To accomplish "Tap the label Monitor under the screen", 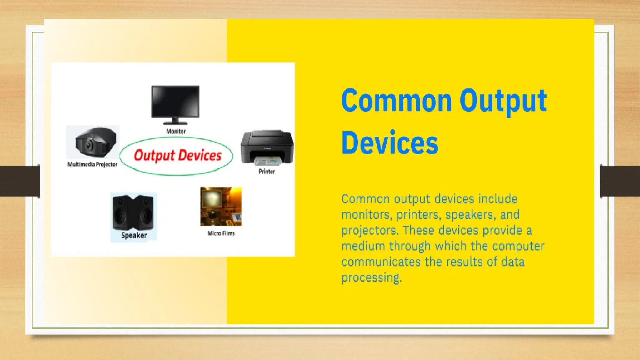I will [176, 132].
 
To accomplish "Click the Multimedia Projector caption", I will [92, 164].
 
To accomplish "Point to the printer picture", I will [267, 147].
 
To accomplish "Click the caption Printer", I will [267, 172].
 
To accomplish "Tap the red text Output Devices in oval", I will [177, 156].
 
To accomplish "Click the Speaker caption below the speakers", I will [134, 236].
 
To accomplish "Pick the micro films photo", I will [221, 206].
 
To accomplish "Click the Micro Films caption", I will [221, 233].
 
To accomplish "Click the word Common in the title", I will [396, 101].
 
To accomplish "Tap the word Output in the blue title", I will [503, 101].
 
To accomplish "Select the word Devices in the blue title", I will [390, 143].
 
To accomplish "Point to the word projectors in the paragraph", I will [370, 231].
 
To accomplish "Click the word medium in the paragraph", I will [363, 246].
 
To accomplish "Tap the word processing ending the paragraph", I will [371, 277].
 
